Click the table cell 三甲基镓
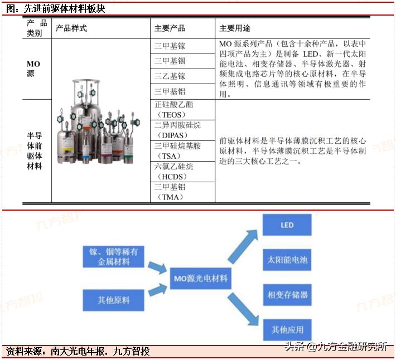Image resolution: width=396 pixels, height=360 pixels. pos(170,46)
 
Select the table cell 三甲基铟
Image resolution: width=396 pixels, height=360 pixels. pos(170,61)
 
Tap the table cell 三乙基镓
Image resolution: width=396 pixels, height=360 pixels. pos(170,76)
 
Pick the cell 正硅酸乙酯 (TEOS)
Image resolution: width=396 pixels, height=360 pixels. pos(174,110)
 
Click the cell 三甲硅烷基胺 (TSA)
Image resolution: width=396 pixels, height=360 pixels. pos(178,151)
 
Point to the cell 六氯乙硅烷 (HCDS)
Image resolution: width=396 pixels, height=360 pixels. pos(174,172)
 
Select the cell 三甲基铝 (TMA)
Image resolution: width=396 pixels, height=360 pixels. pos(170,192)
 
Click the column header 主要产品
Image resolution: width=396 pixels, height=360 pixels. pos(170,28)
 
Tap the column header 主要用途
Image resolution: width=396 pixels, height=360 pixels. pos(235,28)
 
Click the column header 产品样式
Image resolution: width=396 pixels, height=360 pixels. pos(71,28)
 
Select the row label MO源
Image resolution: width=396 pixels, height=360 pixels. pos(34,69)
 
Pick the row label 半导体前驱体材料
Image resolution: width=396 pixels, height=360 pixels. pos(34,150)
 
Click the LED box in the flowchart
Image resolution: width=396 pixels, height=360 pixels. pos(287,226)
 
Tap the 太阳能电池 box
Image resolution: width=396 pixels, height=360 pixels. pos(287,260)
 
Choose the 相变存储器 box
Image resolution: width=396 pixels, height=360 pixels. pos(287,295)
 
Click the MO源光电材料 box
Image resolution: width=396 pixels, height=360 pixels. pos(201,279)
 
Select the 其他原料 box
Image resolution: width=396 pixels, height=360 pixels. pos(113,300)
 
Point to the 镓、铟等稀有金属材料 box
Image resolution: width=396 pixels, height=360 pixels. pos(113,257)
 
